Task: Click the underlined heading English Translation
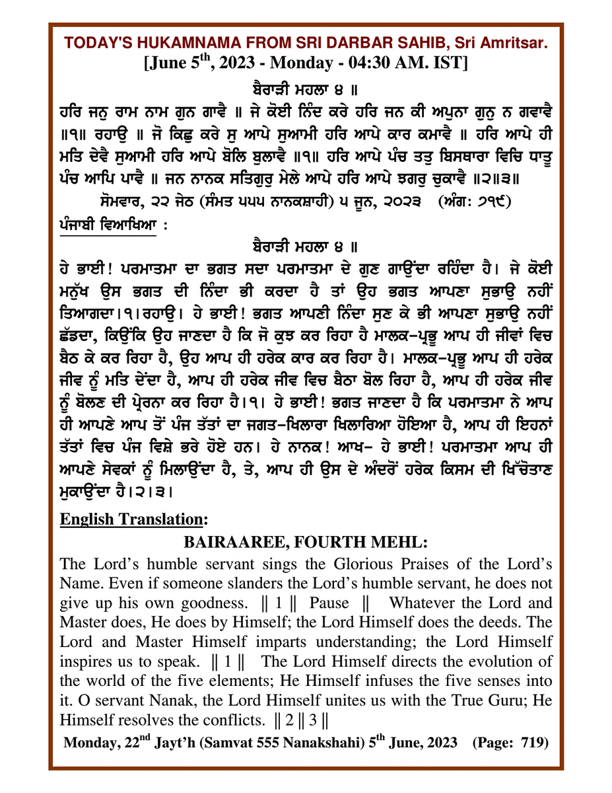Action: [135, 519]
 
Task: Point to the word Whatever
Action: [422, 603]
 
